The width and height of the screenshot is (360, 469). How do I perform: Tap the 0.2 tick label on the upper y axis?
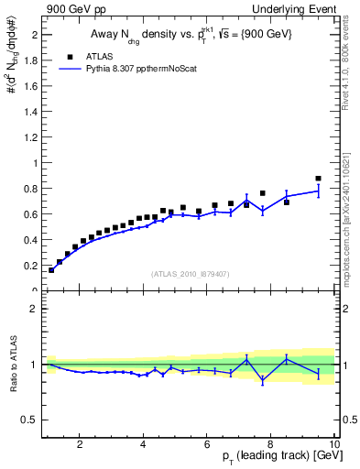click(31, 266)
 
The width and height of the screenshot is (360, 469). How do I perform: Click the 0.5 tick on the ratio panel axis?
click(31, 420)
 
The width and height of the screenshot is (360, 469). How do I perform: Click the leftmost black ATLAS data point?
click(51, 270)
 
